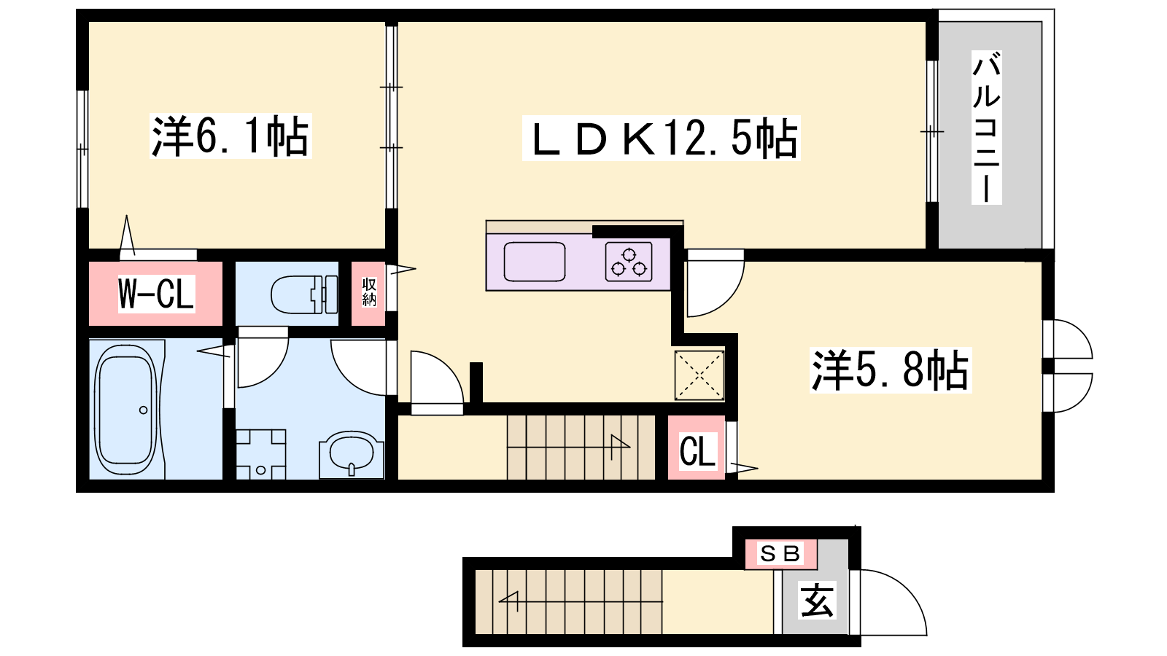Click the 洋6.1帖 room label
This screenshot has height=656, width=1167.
tap(230, 136)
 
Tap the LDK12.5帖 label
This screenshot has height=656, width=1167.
tap(661, 138)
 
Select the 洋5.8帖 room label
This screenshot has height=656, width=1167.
tap(891, 370)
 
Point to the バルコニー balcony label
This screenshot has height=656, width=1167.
tap(986, 127)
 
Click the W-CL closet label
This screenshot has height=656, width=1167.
tap(156, 294)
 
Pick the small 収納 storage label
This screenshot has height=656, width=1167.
tap(369, 292)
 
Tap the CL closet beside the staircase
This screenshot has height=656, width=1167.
tap(697, 451)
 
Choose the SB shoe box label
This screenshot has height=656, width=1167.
tap(780, 553)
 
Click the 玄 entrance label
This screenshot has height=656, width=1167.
tap(817, 601)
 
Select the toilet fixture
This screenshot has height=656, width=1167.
tap(304, 294)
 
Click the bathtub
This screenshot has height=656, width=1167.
tap(126, 409)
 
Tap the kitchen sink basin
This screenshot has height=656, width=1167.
tap(535, 262)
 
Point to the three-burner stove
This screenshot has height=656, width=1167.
tap(629, 262)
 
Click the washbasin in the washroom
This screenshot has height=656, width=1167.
tap(352, 454)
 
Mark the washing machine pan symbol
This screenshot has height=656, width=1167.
tap(260, 454)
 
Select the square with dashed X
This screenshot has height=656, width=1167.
tap(699, 375)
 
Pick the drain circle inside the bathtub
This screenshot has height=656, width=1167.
tap(143, 410)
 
